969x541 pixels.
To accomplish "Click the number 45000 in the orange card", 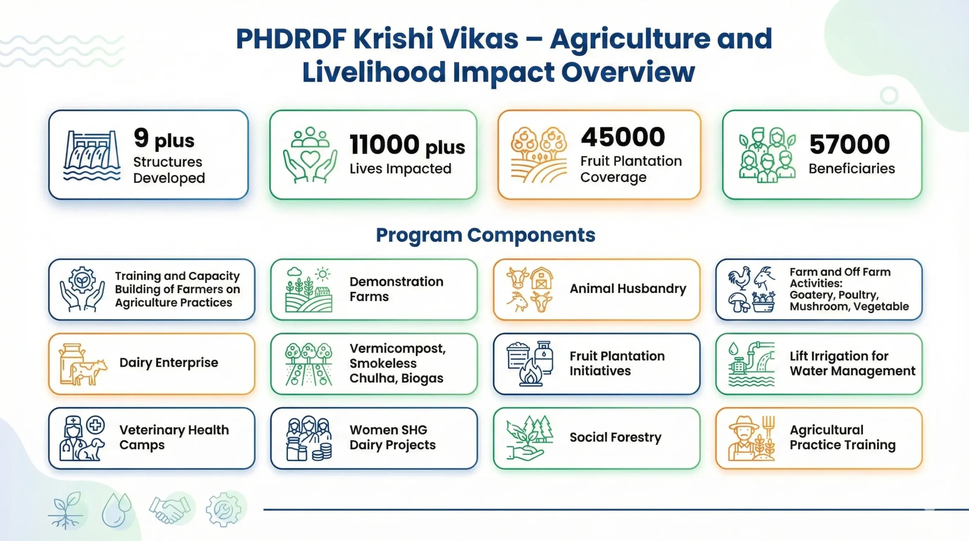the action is pyautogui.click(x=623, y=137).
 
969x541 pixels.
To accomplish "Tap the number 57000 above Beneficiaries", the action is pyautogui.click(x=850, y=144).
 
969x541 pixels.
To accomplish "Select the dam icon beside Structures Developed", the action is pyautogui.click(x=92, y=155).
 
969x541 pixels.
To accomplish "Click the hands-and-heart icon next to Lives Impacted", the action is pyautogui.click(x=310, y=155).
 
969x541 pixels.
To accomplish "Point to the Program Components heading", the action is pyautogui.click(x=486, y=235).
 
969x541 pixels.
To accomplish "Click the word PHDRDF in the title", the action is pyautogui.click(x=291, y=39).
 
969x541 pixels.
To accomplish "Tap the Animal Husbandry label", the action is pyautogui.click(x=628, y=289).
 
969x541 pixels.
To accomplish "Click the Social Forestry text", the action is pyautogui.click(x=615, y=437).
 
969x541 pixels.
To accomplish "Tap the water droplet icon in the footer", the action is pyautogui.click(x=117, y=510).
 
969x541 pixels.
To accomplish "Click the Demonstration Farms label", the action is pyautogui.click(x=396, y=289).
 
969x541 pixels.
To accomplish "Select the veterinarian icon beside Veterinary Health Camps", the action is pyautogui.click(x=82, y=438).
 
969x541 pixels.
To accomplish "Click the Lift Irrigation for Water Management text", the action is pyautogui.click(x=852, y=363).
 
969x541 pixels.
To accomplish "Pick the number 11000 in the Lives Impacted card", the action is pyautogui.click(x=384, y=145).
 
